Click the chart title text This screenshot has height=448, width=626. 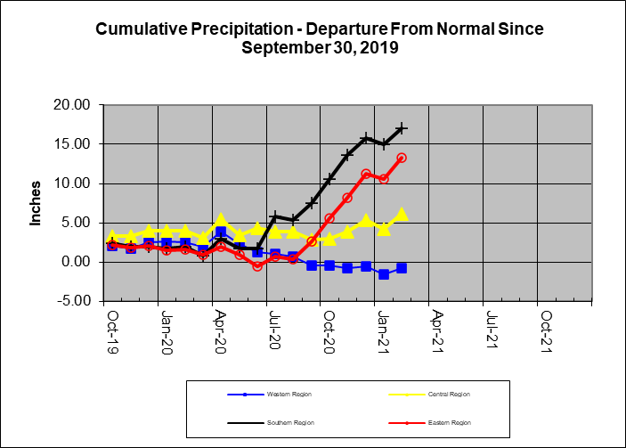319,38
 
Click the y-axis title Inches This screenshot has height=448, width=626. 37,203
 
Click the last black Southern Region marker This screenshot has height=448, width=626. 402,128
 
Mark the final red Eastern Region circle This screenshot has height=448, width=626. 402,158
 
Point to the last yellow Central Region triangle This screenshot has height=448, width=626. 402,214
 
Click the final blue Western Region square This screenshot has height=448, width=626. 402,268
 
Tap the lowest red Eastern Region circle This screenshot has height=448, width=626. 257,265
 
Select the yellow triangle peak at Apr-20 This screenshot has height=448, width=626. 221,219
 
